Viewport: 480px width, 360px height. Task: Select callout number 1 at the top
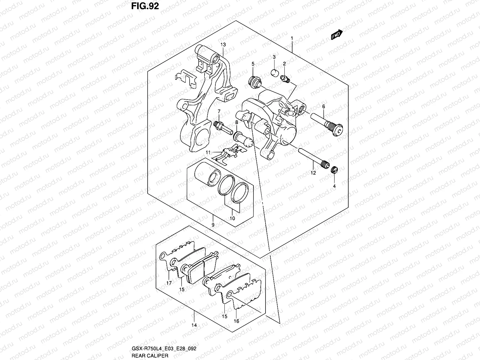click(292, 38)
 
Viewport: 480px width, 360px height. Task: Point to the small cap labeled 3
click(274, 73)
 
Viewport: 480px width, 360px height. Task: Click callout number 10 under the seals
click(232, 218)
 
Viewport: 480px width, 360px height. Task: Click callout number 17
click(169, 283)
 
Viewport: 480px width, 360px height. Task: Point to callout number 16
click(236, 321)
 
